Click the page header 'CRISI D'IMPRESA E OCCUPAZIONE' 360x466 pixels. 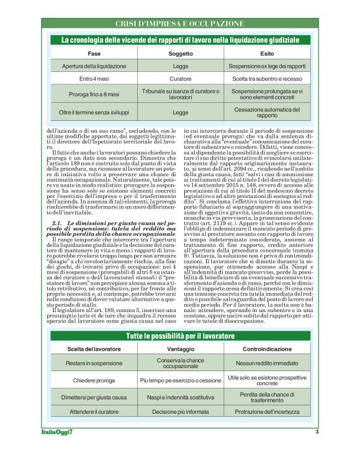(x=179, y=24)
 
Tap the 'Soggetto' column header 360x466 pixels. (x=181, y=54)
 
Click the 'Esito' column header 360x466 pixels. (x=267, y=54)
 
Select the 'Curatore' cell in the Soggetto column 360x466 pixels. (x=181, y=79)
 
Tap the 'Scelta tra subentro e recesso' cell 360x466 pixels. (x=267, y=79)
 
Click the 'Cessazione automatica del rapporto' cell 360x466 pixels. (x=267, y=112)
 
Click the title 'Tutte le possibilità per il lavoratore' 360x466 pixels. (x=179, y=336)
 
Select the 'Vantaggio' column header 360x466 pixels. (x=181, y=349)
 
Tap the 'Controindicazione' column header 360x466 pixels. (x=267, y=349)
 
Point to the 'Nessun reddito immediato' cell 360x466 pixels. (x=267, y=363)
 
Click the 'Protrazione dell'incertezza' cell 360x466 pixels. (x=267, y=411)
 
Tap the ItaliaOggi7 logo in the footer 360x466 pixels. (x=53, y=432)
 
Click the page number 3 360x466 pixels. (x=317, y=432)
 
